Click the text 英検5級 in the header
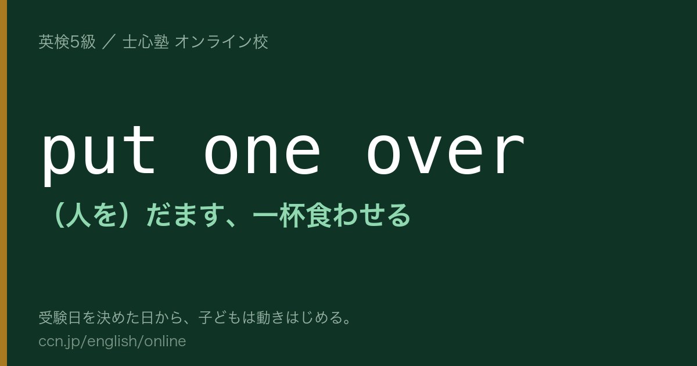67,42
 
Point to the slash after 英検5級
109,42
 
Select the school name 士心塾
146,42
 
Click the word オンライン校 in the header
221,42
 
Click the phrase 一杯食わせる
332,216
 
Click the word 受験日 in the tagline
60,318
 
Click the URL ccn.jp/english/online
112,342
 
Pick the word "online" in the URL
165,341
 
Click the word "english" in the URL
112,342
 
